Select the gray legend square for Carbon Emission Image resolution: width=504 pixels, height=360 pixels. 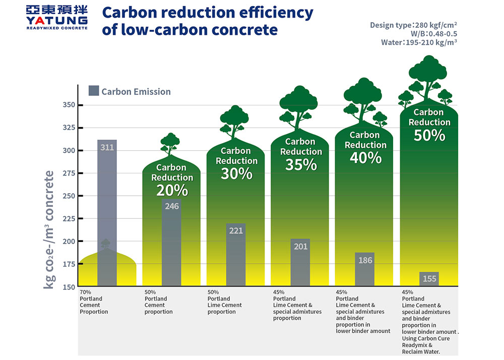point(93,91)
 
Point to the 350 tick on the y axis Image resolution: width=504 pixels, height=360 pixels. point(69,105)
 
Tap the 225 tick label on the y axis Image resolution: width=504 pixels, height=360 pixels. point(69,219)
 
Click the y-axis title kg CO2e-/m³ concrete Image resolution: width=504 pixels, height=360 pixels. point(49,229)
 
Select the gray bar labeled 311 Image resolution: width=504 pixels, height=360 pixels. point(107,202)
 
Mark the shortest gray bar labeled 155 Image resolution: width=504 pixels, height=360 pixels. point(429,279)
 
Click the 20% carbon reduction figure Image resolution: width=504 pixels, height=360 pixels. point(172,190)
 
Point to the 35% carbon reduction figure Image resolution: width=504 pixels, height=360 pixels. point(301,164)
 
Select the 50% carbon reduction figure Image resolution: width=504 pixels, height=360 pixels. point(429,135)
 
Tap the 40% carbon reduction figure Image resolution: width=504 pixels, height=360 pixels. point(365,158)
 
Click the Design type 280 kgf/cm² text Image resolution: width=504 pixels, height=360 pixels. point(413,25)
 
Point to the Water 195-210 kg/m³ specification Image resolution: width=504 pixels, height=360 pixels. point(419,42)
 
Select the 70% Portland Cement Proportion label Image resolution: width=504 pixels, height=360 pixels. point(94,302)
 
